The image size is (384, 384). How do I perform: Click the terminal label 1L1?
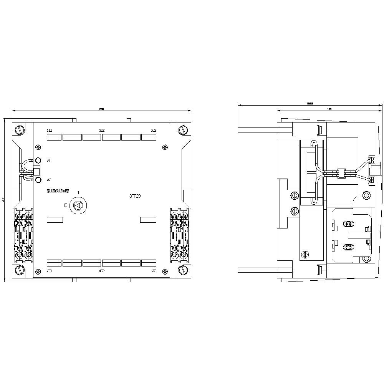pyautogui.click(x=49, y=131)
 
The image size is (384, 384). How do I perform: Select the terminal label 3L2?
pyautogui.click(x=102, y=131)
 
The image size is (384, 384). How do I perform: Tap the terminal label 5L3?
pyautogui.click(x=154, y=131)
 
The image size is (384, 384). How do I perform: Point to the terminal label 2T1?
pyautogui.click(x=49, y=271)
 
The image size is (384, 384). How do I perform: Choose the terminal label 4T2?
pyautogui.click(x=102, y=271)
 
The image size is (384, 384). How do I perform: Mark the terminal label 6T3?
pyautogui.click(x=154, y=271)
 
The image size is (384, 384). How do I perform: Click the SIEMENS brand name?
pyautogui.click(x=58, y=191)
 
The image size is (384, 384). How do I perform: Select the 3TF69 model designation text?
pyautogui.click(x=135, y=196)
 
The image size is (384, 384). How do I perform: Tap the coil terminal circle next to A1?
pyautogui.click(x=38, y=161)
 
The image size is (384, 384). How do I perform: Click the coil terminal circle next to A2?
pyautogui.click(x=38, y=180)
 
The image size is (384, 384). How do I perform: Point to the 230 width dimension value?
pyautogui.click(x=101, y=109)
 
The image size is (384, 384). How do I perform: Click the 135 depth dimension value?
pyautogui.click(x=329, y=109)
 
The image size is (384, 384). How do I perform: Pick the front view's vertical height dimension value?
pyautogui.click(x=3, y=200)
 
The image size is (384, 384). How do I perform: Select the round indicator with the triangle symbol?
pyautogui.click(x=78, y=205)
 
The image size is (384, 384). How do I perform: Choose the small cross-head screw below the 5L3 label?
pyautogui.click(x=165, y=146)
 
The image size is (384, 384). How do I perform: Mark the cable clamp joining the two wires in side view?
pyautogui.click(x=340, y=173)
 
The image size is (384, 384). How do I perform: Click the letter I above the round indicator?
pyautogui.click(x=78, y=192)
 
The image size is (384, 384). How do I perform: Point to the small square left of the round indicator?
pyautogui.click(x=66, y=205)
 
